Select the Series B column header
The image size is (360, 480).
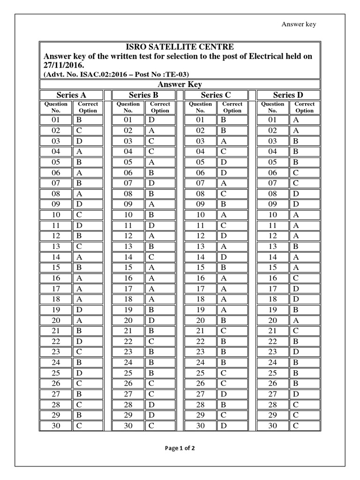point(143,95)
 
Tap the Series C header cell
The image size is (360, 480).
point(216,95)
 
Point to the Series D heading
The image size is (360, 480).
point(288,95)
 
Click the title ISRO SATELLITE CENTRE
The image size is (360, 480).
point(180,47)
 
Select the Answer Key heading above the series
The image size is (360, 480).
point(180,84)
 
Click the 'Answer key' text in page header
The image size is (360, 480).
point(298,24)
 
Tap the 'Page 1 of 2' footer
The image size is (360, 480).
point(180,448)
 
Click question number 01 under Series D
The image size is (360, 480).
point(272,120)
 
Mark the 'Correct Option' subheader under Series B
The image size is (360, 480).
point(160,107)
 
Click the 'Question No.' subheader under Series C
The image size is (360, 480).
point(200,107)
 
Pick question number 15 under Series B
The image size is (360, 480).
point(128,268)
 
